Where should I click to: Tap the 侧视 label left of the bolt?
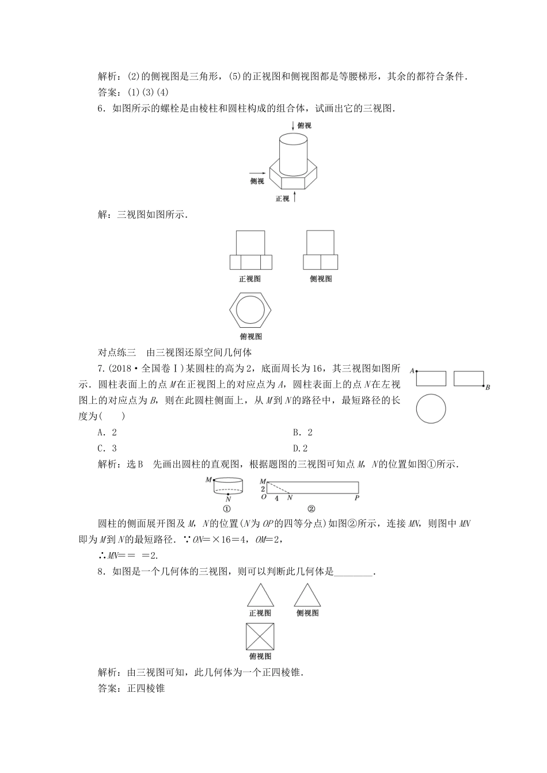[x=256, y=181]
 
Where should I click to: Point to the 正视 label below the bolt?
[x=282, y=199]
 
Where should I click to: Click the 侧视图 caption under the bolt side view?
[x=321, y=279]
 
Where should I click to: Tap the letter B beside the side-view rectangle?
[x=487, y=388]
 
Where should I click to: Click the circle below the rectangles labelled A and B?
[x=431, y=409]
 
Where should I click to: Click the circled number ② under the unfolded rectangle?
[x=311, y=509]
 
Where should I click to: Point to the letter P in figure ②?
[x=357, y=498]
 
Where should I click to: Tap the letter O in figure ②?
[x=263, y=498]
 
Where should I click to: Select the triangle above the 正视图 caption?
[x=260, y=595]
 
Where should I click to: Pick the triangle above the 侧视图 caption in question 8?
[x=307, y=595]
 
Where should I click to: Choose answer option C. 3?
[x=107, y=449]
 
